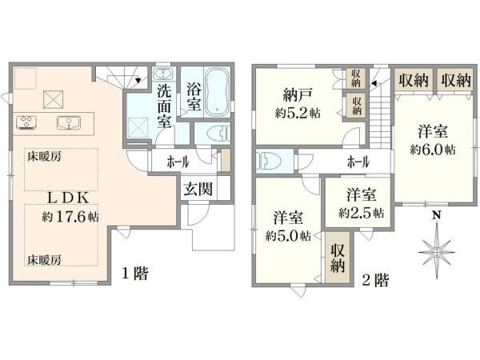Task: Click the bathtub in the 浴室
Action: (217, 92)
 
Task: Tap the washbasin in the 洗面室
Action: (163, 74)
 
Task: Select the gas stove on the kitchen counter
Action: (26, 122)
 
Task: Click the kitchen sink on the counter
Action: (69, 122)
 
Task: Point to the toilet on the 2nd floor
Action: (268, 161)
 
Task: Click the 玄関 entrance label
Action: (198, 189)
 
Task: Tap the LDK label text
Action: (68, 198)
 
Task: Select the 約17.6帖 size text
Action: (70, 217)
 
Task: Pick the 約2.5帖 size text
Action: (362, 213)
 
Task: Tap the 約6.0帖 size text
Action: (433, 150)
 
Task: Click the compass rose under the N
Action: (437, 251)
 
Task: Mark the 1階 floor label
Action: (135, 273)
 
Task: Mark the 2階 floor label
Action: (375, 280)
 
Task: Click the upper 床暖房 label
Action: (45, 157)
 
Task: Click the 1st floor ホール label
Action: (178, 162)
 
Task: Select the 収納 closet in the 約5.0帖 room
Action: (338, 258)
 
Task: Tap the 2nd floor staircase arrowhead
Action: (373, 83)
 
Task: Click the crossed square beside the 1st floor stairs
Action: (54, 99)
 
